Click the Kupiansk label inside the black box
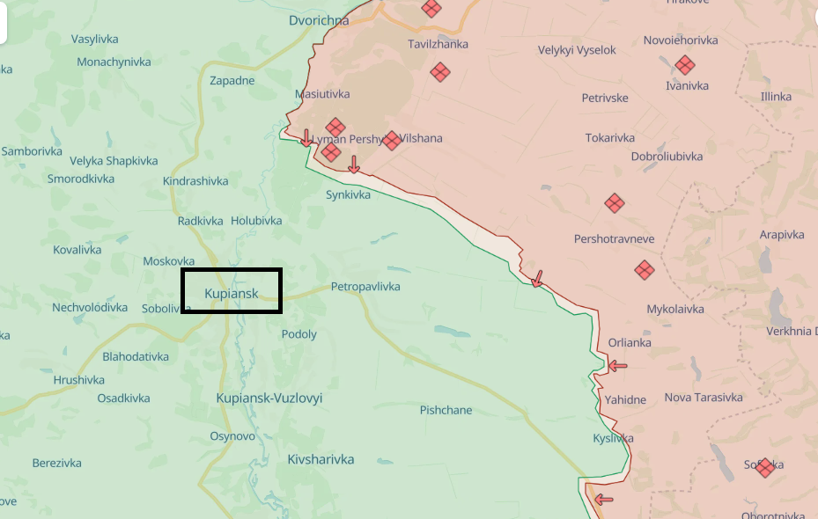tap(232, 293)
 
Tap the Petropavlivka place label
tap(365, 287)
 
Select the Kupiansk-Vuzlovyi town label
tap(269, 398)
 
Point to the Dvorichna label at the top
tap(319, 20)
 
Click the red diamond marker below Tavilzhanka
tap(439, 72)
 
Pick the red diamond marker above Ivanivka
tap(685, 65)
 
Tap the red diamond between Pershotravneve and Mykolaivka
tap(645, 270)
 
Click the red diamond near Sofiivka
tap(765, 467)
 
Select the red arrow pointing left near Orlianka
tap(617, 365)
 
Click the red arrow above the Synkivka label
tap(353, 164)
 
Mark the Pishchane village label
tap(446, 410)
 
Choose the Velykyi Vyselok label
tap(578, 50)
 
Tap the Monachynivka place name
tap(114, 62)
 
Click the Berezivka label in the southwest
tap(56, 463)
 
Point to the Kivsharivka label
tap(321, 459)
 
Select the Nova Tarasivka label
tap(704, 397)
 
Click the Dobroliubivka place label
tap(667, 156)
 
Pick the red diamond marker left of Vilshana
tap(392, 141)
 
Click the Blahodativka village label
tap(136, 356)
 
